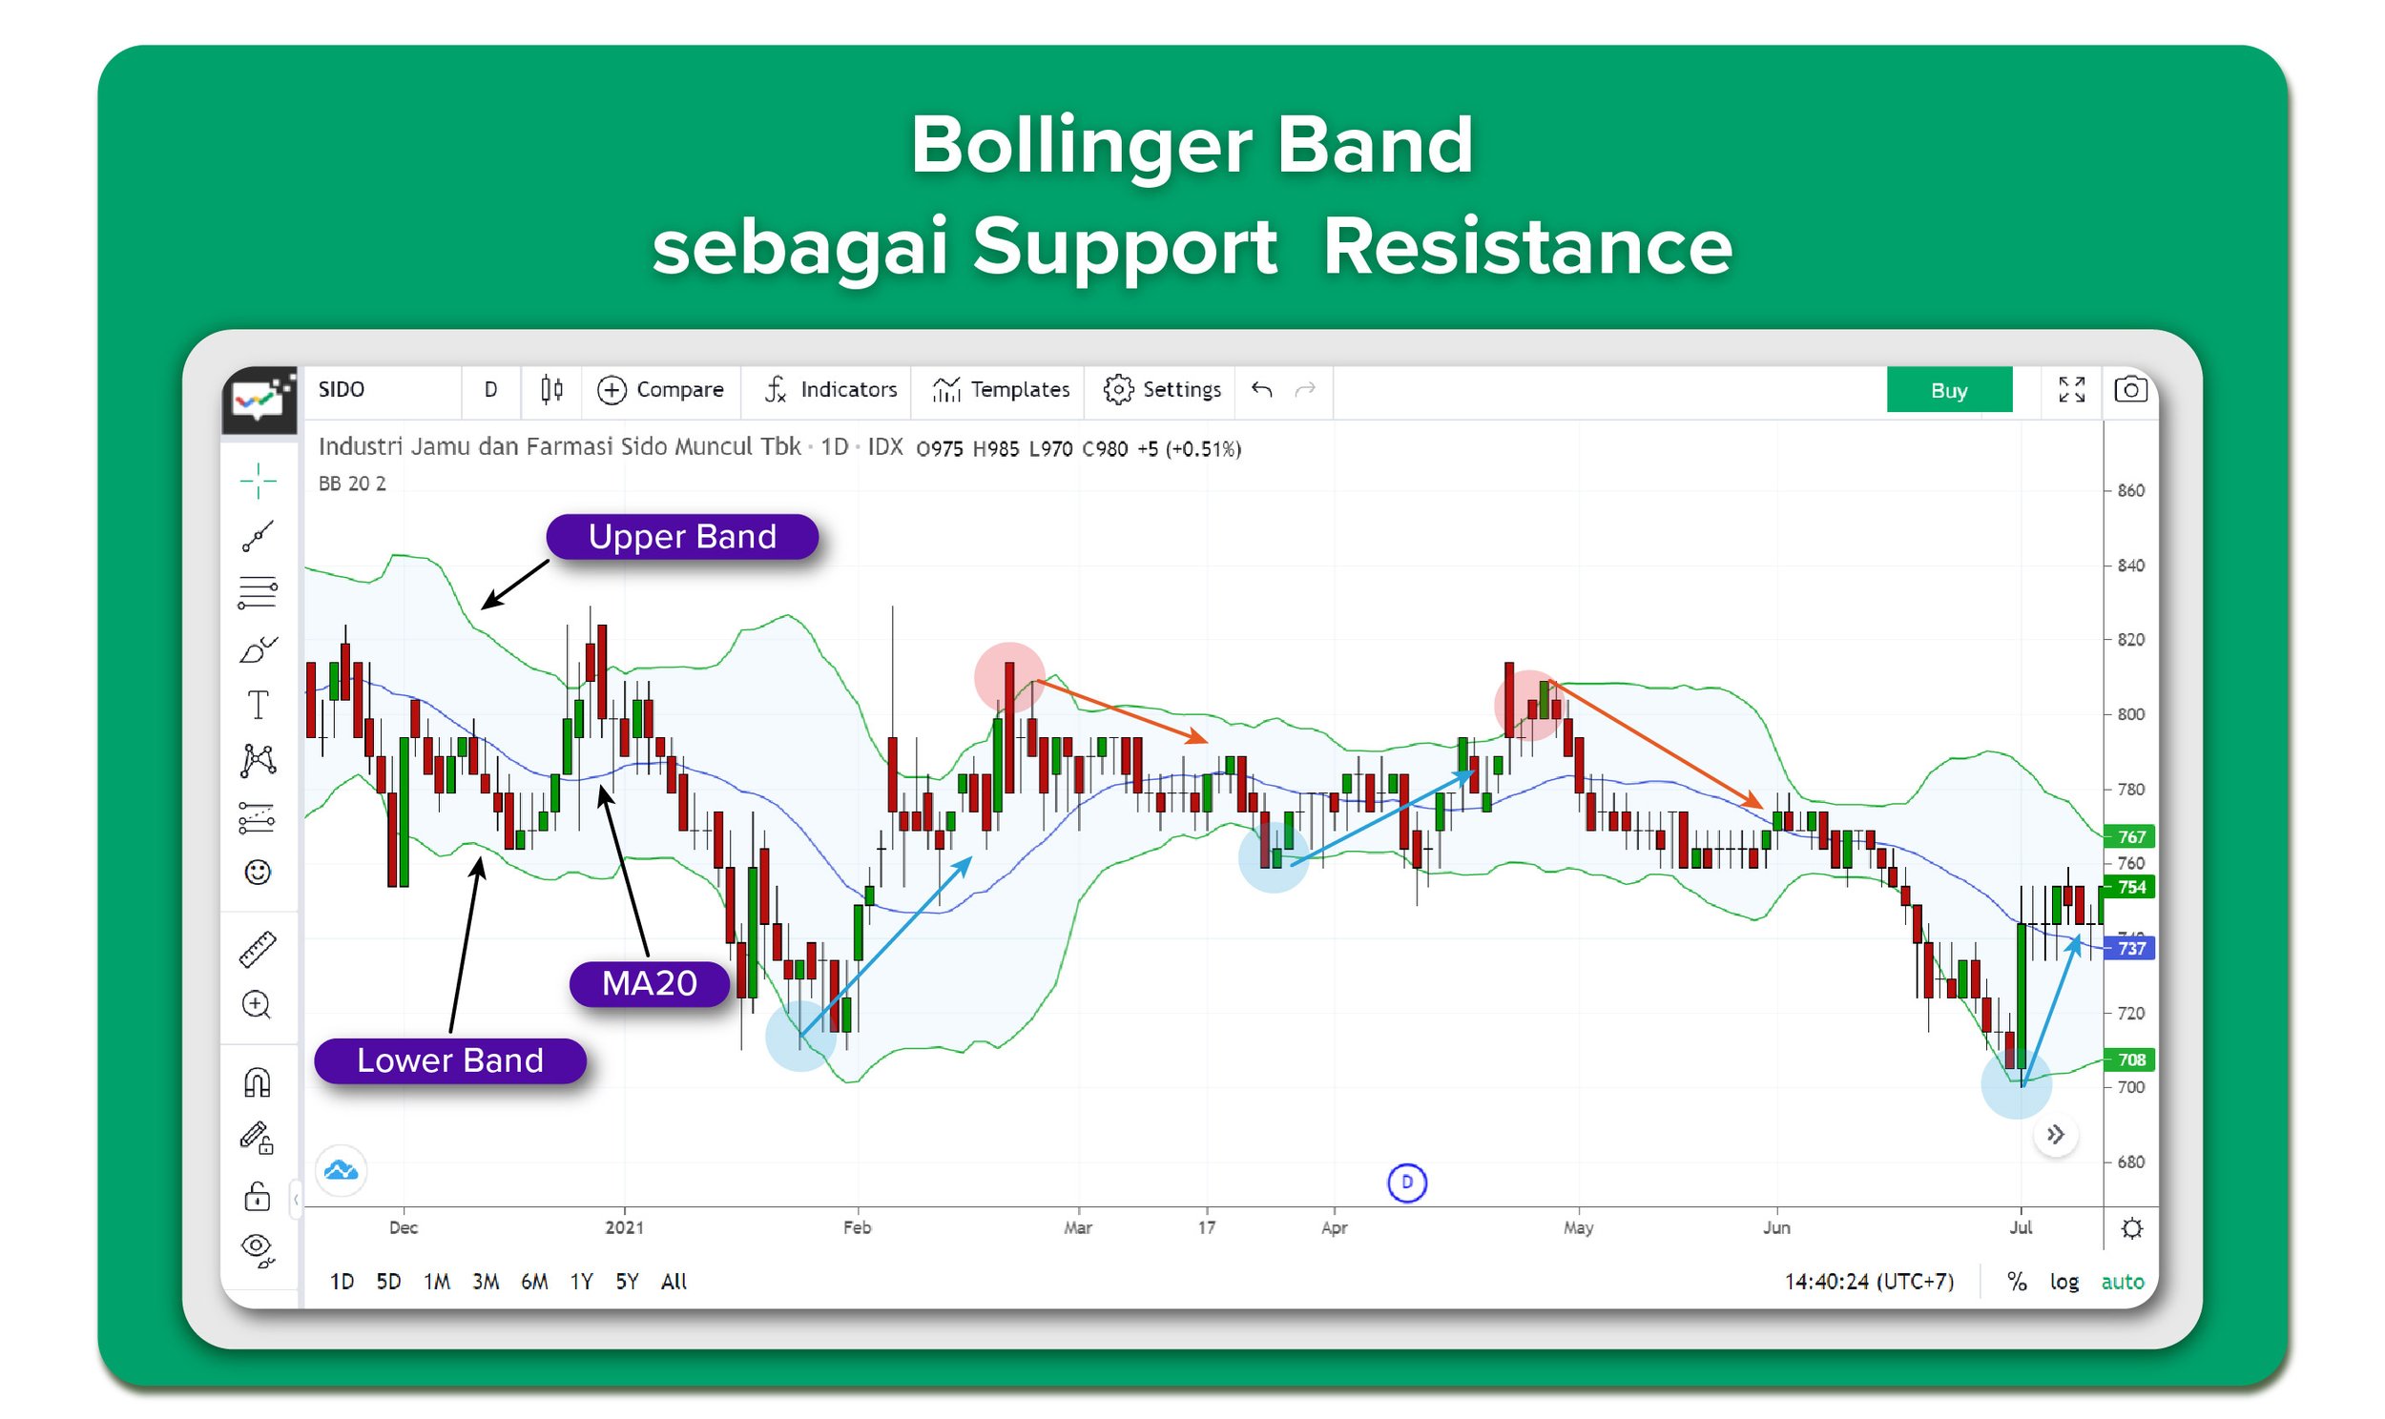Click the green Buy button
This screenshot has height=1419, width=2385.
pyautogui.click(x=1948, y=390)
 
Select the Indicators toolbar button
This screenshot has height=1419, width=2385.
pyautogui.click(x=830, y=390)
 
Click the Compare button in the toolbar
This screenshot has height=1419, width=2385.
pyautogui.click(x=660, y=390)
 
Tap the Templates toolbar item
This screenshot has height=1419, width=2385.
pyautogui.click(x=1001, y=390)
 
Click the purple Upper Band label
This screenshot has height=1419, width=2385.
pyautogui.click(x=682, y=538)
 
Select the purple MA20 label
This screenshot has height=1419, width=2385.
pyautogui.click(x=650, y=984)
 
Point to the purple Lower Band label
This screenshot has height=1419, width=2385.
pyautogui.click(x=449, y=1061)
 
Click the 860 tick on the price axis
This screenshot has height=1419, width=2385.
pyautogui.click(x=2129, y=490)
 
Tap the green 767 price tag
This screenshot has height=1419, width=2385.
pyautogui.click(x=2130, y=836)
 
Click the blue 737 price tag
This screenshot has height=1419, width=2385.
pyautogui.click(x=2130, y=949)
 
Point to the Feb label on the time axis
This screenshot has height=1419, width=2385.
pyautogui.click(x=857, y=1227)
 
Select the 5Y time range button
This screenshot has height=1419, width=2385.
pyautogui.click(x=627, y=1283)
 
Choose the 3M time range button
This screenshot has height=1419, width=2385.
pyautogui.click(x=485, y=1283)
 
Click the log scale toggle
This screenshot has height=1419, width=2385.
pyautogui.click(x=2064, y=1283)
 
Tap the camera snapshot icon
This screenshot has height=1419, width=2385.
pyautogui.click(x=2129, y=390)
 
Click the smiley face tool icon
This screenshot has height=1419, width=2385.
pyautogui.click(x=258, y=873)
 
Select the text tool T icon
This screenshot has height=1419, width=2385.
pyautogui.click(x=258, y=706)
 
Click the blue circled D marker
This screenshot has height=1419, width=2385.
pyautogui.click(x=1406, y=1182)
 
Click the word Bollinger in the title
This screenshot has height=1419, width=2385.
pyautogui.click(x=1080, y=146)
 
